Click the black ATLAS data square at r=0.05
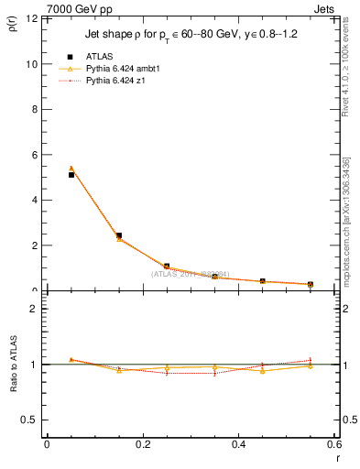point(71,174)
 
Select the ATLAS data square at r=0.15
point(119,235)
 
